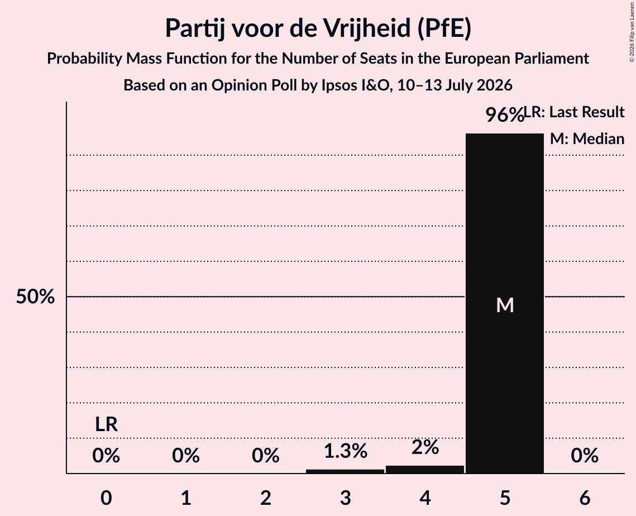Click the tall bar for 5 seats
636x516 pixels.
pyautogui.click(x=505, y=303)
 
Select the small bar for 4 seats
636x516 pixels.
pyautogui.click(x=425, y=469)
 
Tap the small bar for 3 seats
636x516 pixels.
pyautogui.click(x=345, y=471)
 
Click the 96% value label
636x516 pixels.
pyautogui.click(x=505, y=114)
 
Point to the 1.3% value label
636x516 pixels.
pyautogui.click(x=346, y=451)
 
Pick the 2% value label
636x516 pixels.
pyautogui.click(x=425, y=447)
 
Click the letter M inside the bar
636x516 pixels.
pyautogui.click(x=505, y=305)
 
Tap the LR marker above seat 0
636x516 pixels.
pyautogui.click(x=106, y=424)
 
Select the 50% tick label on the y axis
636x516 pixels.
pyautogui.click(x=35, y=297)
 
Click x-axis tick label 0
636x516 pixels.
pyautogui.click(x=106, y=498)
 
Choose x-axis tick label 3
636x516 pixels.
pyautogui.click(x=345, y=498)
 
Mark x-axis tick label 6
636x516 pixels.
pyautogui.click(x=585, y=498)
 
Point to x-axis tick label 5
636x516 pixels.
pyautogui.click(x=505, y=498)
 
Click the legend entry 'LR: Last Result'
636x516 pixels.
pyautogui.click(x=574, y=112)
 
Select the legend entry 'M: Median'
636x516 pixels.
pyautogui.click(x=587, y=138)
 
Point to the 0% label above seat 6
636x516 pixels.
pyautogui.click(x=585, y=455)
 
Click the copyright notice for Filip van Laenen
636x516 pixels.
pyautogui.click(x=632, y=32)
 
